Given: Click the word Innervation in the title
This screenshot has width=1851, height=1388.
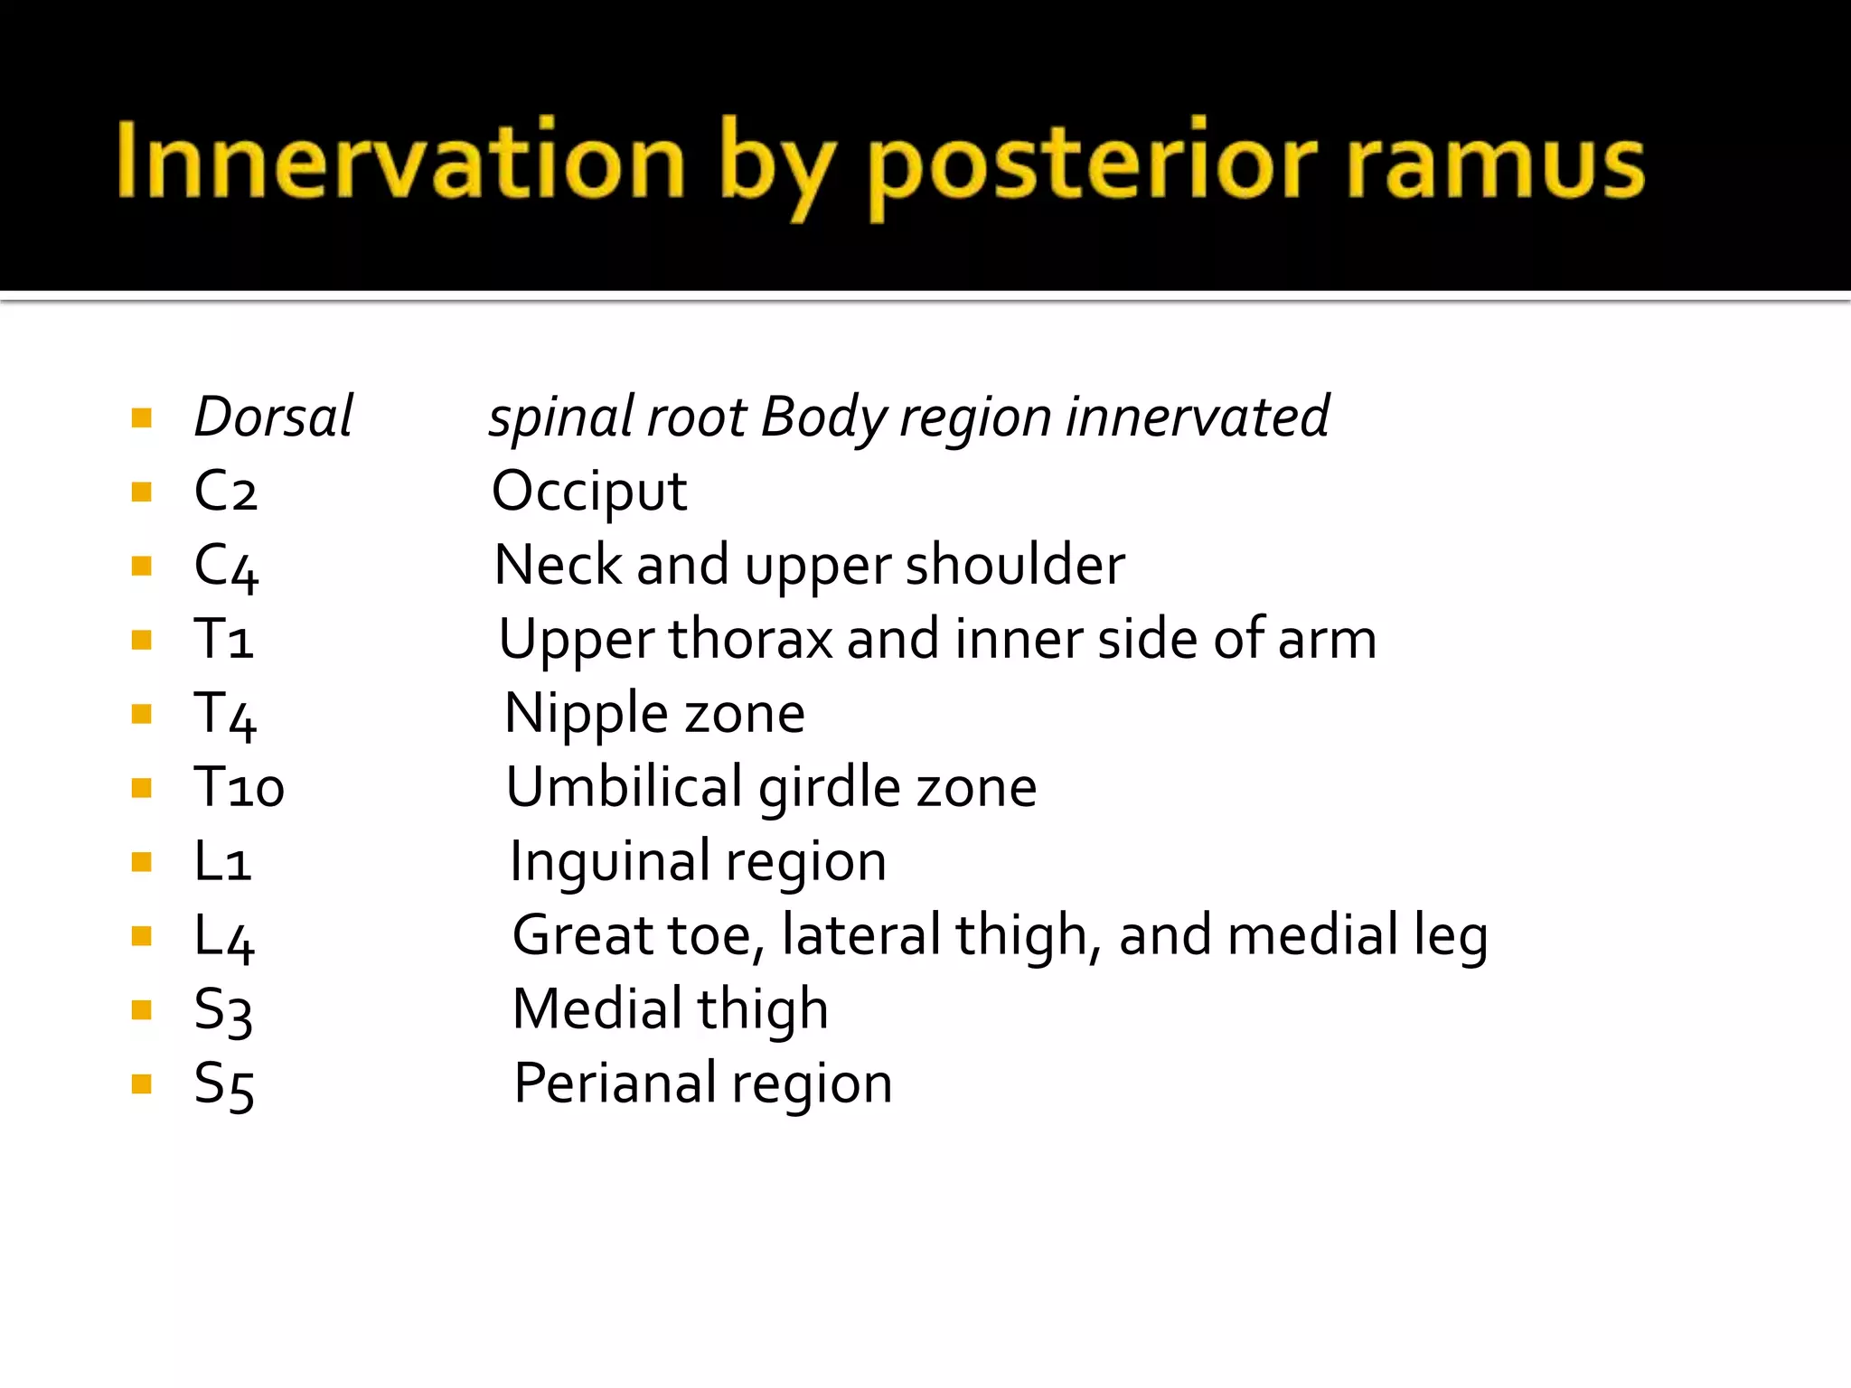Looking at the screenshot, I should (400, 161).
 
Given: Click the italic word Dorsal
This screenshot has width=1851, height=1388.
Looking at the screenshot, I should (273, 417).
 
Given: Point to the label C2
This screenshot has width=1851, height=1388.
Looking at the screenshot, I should (226, 492).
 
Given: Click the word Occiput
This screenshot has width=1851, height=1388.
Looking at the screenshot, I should (589, 493).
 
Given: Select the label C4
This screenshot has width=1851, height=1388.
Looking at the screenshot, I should (226, 567).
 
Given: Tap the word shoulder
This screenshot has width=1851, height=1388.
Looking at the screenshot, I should (1015, 566).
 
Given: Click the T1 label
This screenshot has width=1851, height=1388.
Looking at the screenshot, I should (223, 640).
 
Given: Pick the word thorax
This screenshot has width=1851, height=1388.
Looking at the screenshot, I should (749, 640).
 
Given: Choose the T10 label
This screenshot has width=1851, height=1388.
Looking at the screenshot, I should (240, 788).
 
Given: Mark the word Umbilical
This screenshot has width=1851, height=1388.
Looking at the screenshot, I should (624, 788).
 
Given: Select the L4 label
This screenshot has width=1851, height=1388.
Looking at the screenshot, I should (224, 936).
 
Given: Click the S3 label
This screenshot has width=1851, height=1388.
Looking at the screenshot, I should (223, 1010).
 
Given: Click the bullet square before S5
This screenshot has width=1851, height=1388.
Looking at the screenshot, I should (141, 1083).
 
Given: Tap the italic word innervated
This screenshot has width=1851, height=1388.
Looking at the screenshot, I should (1197, 417).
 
